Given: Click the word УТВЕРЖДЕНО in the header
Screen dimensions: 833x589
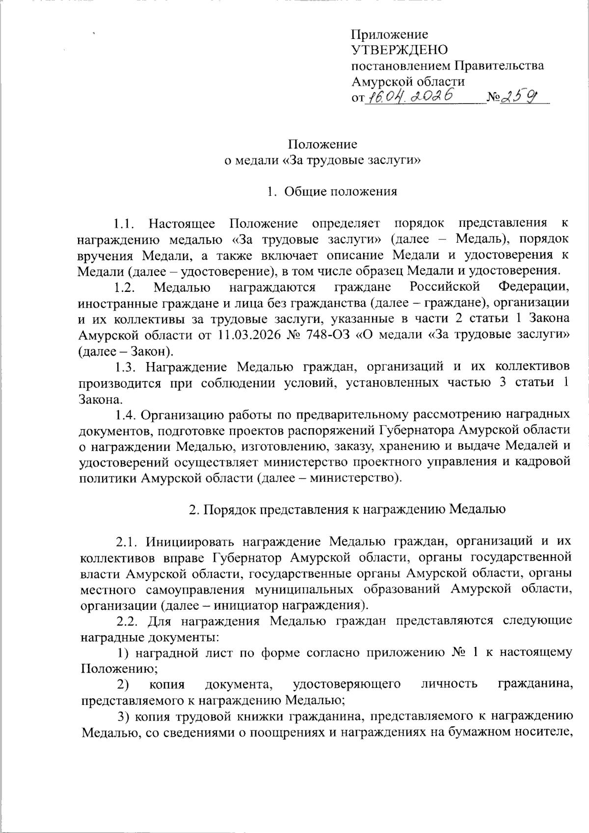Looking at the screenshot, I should (x=400, y=50).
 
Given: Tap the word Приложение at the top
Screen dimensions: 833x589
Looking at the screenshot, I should (x=390, y=34).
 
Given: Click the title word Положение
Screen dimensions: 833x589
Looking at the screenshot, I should (x=322, y=144).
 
